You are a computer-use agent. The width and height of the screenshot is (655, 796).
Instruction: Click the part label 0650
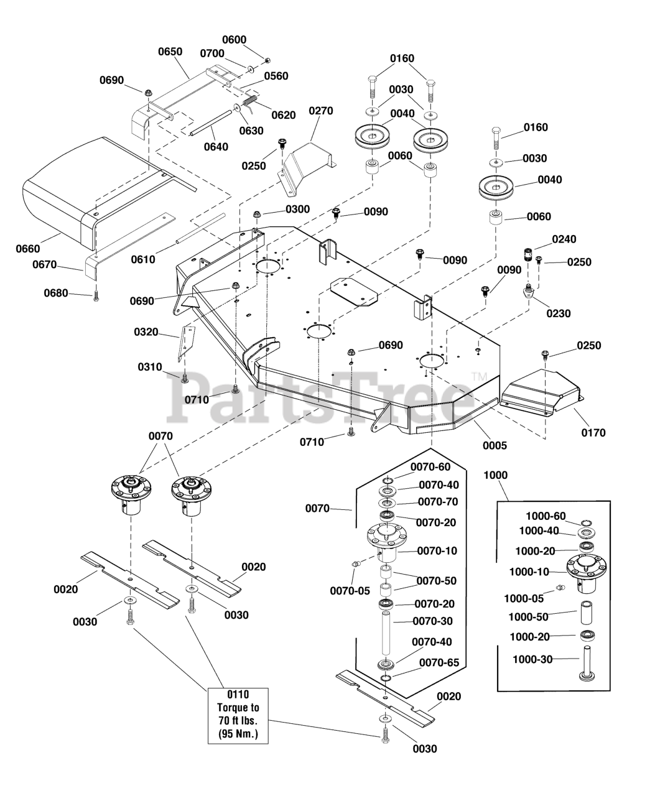point(170,52)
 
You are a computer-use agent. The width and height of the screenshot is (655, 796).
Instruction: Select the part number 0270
point(321,111)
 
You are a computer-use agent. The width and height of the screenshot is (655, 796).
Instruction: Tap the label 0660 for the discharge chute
point(28,249)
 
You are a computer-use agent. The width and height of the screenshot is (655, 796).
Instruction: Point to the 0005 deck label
point(495,445)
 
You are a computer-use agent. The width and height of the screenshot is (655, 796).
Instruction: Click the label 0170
point(593,433)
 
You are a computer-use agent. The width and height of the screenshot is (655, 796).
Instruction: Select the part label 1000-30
point(532,659)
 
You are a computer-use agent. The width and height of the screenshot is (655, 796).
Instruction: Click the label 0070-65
point(439,662)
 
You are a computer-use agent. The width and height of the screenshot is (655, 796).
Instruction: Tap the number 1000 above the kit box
point(495,475)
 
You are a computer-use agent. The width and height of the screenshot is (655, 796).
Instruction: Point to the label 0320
point(146,332)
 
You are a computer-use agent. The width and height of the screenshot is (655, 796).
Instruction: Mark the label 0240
point(564,239)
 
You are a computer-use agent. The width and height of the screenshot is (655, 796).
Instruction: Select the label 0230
point(558,313)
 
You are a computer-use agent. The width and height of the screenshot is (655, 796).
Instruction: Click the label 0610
point(144,259)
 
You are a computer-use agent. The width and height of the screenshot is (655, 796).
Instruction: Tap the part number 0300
point(297,210)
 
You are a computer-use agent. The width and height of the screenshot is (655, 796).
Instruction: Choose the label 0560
point(276,76)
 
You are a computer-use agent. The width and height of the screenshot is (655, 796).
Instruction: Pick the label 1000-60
point(546,516)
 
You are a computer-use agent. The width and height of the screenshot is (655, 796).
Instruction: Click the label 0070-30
point(434,621)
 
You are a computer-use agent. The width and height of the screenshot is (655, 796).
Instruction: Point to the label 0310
point(150,367)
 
